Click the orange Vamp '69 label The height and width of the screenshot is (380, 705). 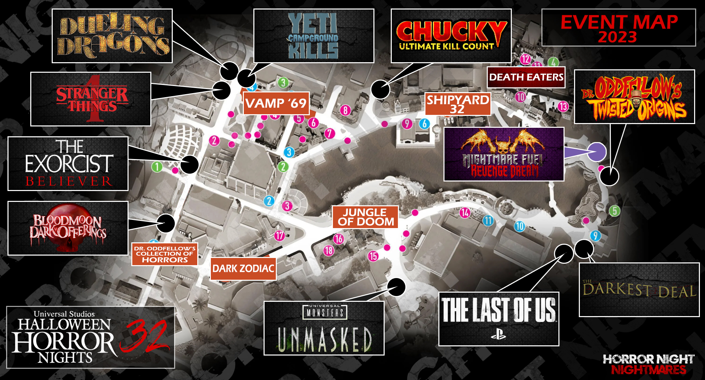click(x=276, y=103)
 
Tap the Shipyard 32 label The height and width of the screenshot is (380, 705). click(x=458, y=104)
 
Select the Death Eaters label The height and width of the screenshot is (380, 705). click(x=526, y=77)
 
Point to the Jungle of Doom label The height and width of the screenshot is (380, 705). click(x=365, y=217)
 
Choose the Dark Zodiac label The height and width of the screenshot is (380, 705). click(x=243, y=269)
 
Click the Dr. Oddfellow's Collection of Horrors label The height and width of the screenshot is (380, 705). click(x=165, y=254)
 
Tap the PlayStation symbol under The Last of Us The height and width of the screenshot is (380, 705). click(x=498, y=335)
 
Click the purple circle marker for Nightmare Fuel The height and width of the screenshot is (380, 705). click(x=597, y=152)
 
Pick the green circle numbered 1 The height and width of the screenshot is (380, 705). click(x=157, y=167)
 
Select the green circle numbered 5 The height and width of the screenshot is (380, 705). click(x=614, y=211)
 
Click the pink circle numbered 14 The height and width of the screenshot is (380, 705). click(x=465, y=213)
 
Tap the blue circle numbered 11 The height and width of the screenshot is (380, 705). click(x=488, y=221)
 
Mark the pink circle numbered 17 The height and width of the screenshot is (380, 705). click(x=279, y=236)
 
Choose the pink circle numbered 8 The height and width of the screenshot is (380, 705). click(x=345, y=110)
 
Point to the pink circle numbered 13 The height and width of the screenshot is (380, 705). click(x=563, y=107)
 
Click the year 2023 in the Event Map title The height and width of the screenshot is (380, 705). click(x=617, y=37)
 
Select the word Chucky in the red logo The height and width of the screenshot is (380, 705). click(x=451, y=31)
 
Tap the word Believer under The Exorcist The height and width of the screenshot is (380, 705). click(x=69, y=181)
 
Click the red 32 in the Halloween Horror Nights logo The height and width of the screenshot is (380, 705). click(x=145, y=336)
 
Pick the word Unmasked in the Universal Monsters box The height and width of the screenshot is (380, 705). click(x=324, y=339)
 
